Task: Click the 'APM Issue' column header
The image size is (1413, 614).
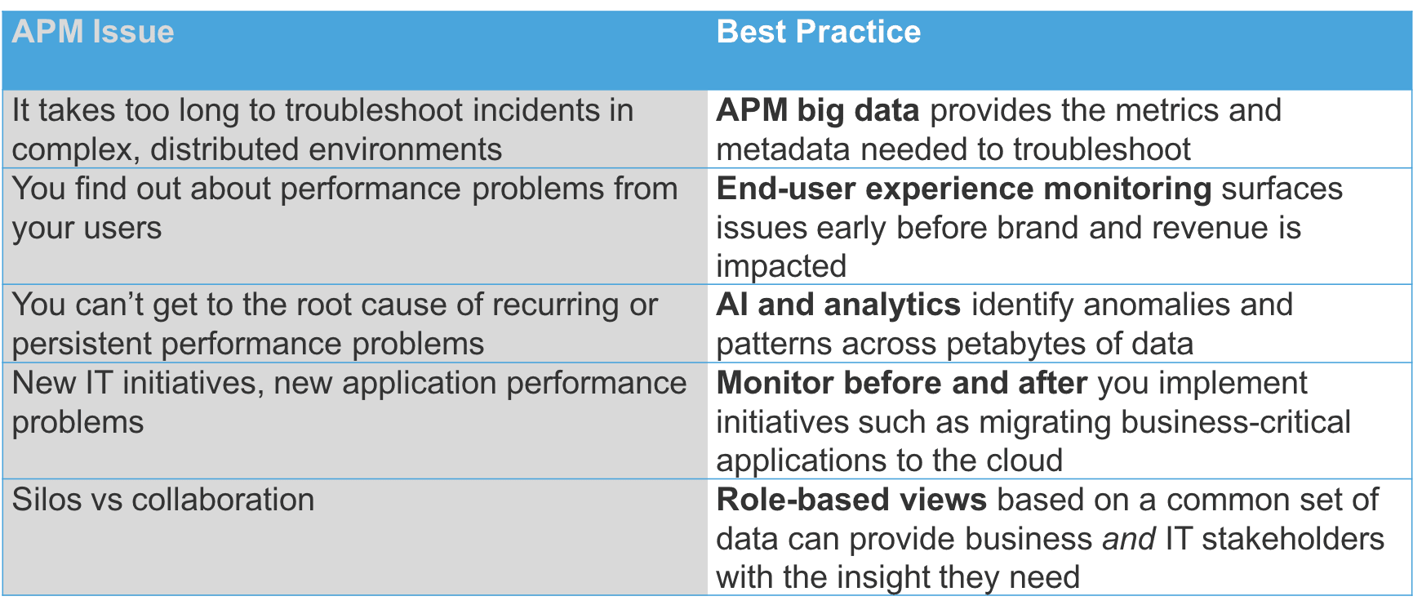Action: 93,32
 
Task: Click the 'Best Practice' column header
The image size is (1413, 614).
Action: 819,32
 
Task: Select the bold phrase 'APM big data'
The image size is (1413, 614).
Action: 818,111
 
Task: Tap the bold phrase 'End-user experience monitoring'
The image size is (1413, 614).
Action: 964,189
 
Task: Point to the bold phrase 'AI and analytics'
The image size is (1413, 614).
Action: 838,305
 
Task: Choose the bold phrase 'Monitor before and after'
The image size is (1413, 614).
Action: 902,383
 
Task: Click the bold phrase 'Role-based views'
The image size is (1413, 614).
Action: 851,500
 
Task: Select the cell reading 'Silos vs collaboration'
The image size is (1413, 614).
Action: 163,500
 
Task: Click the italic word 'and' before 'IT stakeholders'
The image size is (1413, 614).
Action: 1129,539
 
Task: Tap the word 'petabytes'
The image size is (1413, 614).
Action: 1016,345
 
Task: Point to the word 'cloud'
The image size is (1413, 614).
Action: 1024,461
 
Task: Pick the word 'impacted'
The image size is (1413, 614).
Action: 781,267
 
